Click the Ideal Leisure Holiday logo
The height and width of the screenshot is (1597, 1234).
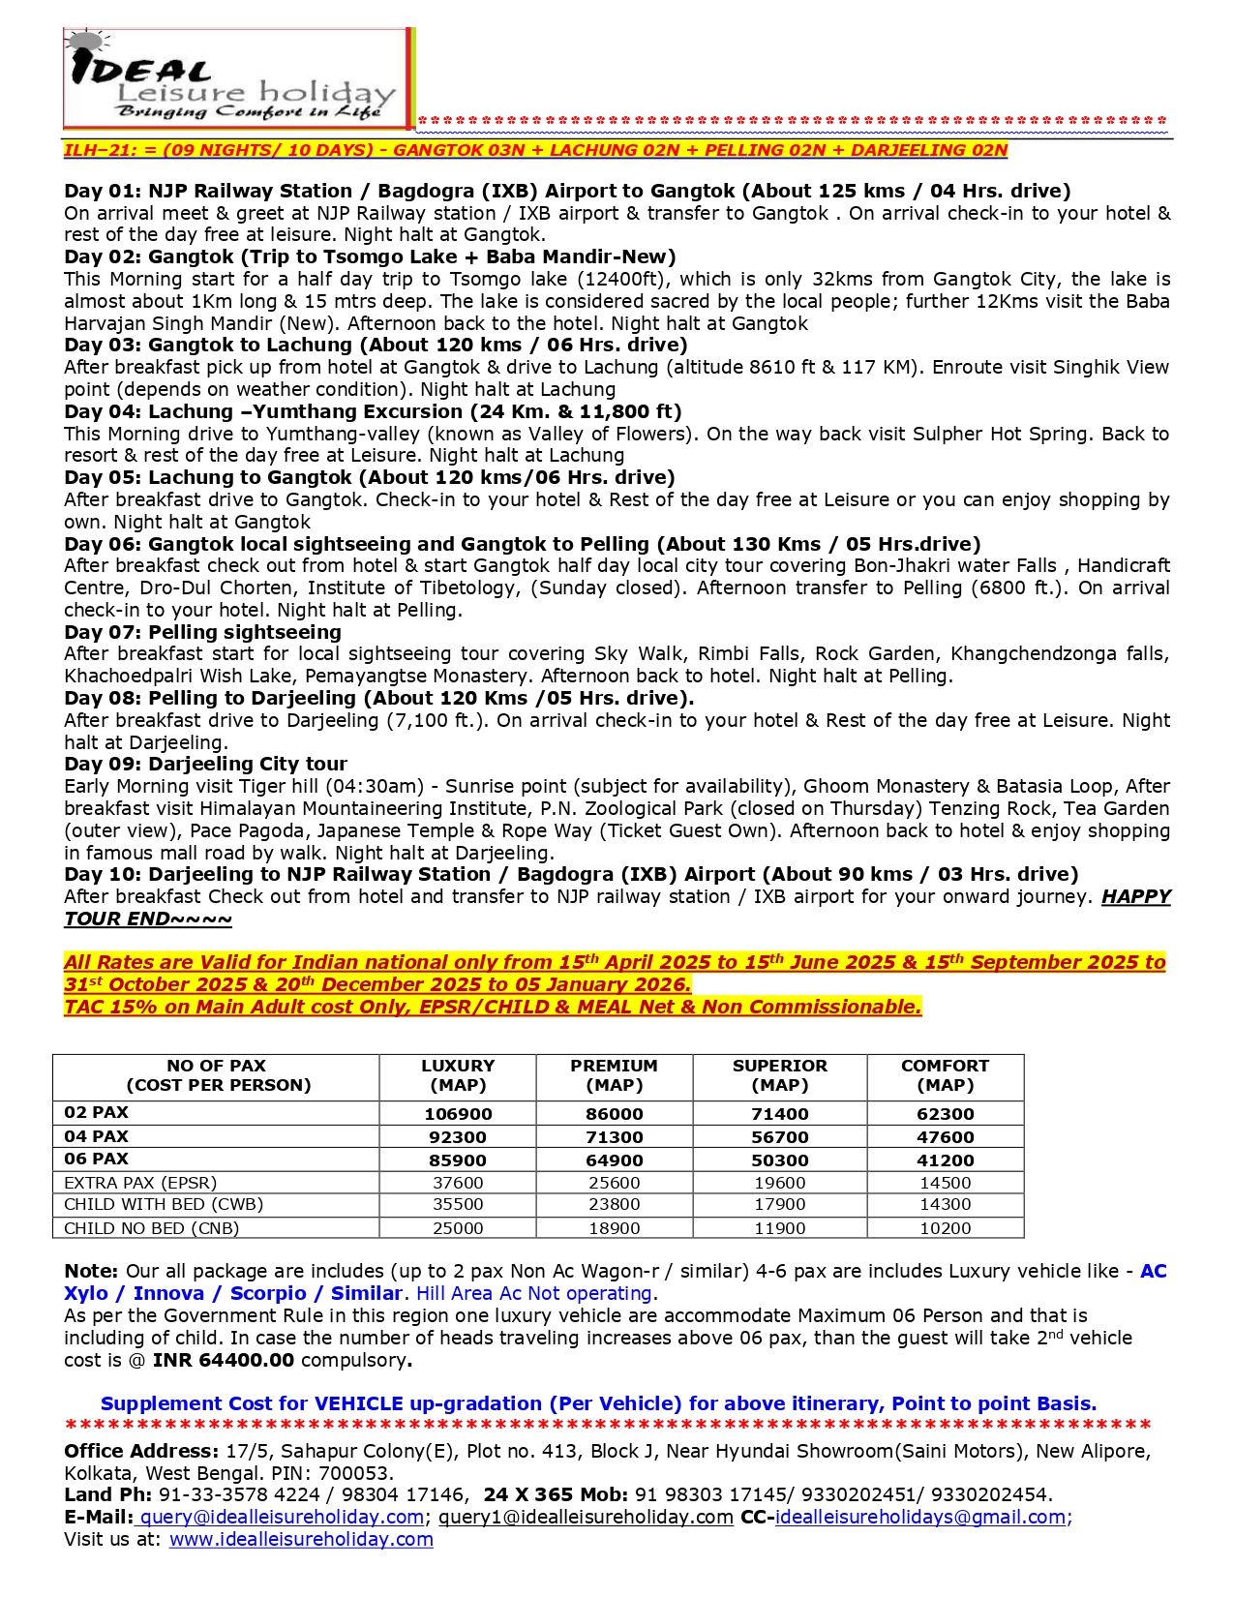tap(237, 78)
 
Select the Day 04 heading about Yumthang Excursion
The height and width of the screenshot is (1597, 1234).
tap(373, 411)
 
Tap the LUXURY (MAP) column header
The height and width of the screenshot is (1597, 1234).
tap(458, 1075)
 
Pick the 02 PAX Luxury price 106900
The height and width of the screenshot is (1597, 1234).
tap(458, 1114)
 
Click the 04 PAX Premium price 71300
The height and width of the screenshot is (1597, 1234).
tap(614, 1137)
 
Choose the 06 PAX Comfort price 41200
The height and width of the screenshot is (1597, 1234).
tap(945, 1160)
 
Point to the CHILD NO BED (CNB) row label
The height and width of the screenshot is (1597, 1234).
tap(151, 1228)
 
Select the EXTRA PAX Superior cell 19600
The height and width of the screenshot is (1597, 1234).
tap(779, 1183)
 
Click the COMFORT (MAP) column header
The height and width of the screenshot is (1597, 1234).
tap(945, 1075)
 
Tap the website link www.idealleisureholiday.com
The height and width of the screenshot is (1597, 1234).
tap(301, 1539)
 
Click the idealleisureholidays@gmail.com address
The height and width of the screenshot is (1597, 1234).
tap(920, 1517)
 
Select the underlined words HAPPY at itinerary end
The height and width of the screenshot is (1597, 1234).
tap(1135, 896)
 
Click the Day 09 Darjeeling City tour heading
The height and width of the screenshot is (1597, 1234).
tap(205, 764)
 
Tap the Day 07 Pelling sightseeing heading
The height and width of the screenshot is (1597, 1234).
tap(202, 632)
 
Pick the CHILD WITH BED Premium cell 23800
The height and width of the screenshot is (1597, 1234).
tap(614, 1205)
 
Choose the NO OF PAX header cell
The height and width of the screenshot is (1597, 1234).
tap(217, 1075)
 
